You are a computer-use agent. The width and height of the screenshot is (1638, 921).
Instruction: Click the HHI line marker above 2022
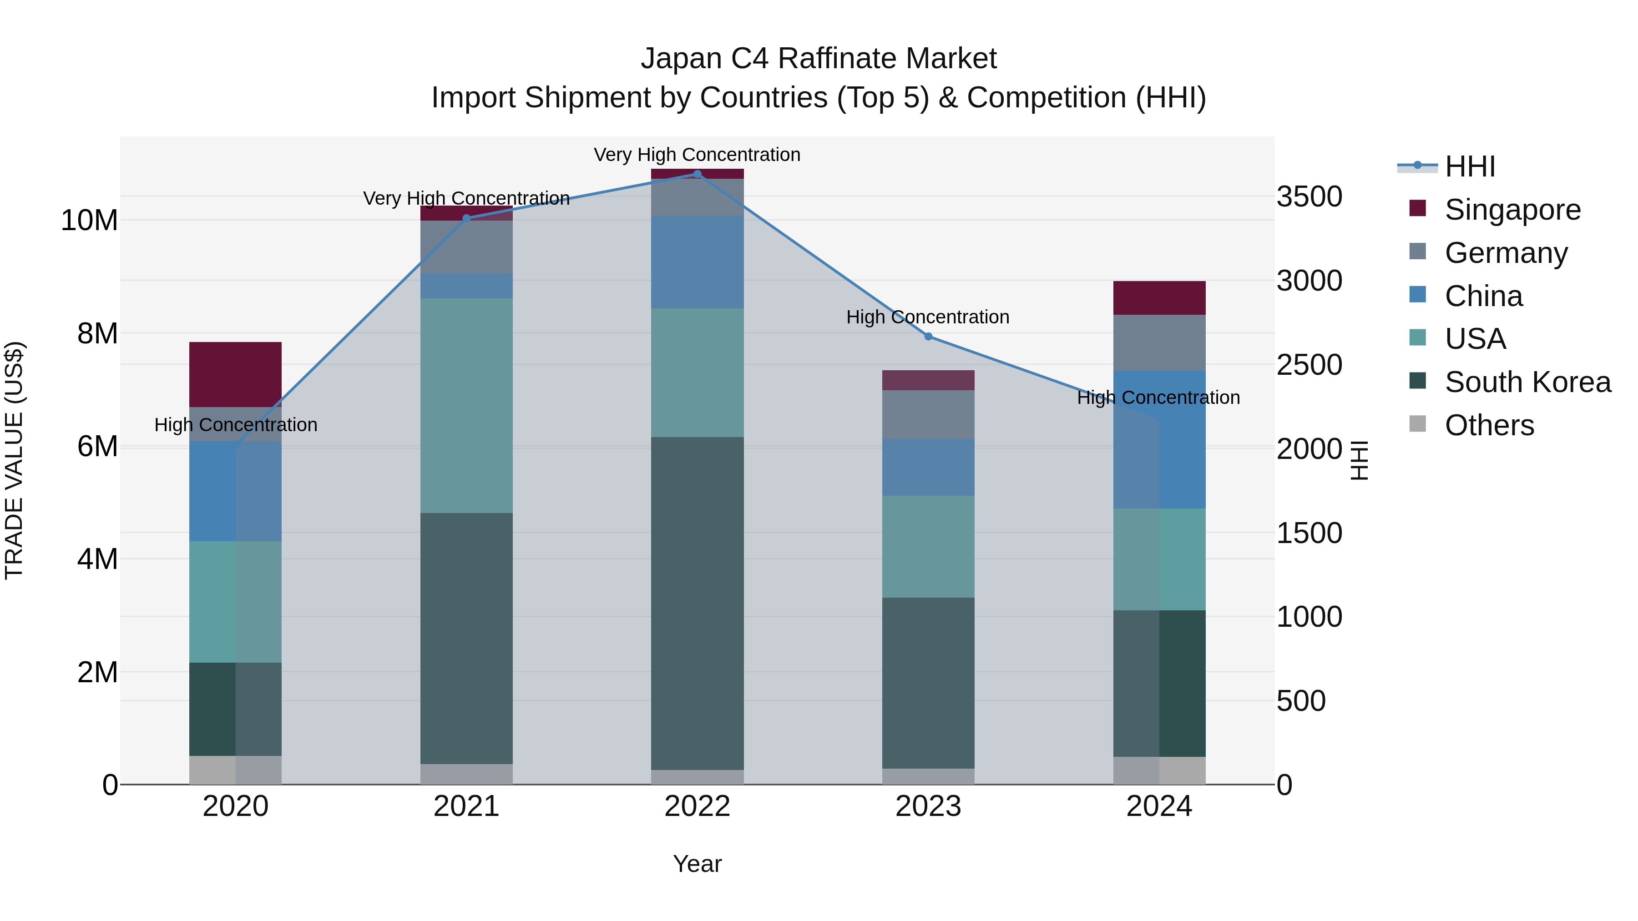[697, 174]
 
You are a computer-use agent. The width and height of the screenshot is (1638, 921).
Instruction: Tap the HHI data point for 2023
[928, 337]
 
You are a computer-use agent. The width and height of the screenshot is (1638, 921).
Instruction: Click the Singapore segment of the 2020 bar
[235, 374]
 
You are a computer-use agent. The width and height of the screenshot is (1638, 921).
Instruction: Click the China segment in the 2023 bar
[928, 467]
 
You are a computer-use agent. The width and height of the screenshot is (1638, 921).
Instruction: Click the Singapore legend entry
[1512, 210]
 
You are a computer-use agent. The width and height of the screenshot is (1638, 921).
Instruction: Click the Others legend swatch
[1417, 424]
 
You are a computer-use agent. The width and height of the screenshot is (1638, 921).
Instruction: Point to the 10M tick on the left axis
[89, 221]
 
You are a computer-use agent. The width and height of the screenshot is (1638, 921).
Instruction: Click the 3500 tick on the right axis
[1309, 196]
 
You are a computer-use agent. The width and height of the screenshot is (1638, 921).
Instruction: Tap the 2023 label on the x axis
[928, 806]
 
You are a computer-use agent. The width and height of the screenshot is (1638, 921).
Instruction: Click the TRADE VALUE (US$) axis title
[14, 460]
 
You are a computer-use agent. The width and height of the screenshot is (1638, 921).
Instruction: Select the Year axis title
[697, 864]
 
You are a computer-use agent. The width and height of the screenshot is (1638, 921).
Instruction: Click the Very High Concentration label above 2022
[697, 155]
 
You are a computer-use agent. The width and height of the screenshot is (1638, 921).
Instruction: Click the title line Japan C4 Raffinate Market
[819, 59]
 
